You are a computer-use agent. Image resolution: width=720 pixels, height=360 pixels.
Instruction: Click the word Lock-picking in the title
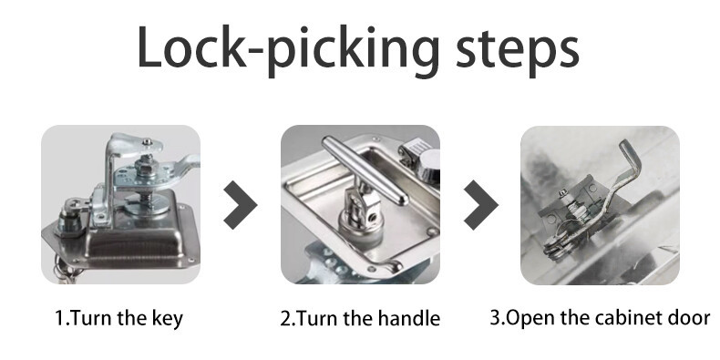pyautogui.click(x=288, y=49)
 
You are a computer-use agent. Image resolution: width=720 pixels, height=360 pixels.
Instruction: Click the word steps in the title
pyautogui.click(x=517, y=52)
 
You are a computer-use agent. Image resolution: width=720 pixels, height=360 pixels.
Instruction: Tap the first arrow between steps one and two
pyautogui.click(x=241, y=205)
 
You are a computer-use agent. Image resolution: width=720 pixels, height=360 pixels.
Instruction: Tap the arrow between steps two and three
pyautogui.click(x=481, y=205)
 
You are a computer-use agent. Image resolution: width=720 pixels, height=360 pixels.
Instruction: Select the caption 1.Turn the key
pyautogui.click(x=118, y=318)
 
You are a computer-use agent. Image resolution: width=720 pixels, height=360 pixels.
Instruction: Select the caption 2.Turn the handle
pyautogui.click(x=360, y=318)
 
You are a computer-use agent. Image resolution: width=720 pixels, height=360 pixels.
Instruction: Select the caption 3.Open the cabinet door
pyautogui.click(x=600, y=318)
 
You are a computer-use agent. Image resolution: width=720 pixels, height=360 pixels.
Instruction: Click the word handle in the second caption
pyautogui.click(x=409, y=318)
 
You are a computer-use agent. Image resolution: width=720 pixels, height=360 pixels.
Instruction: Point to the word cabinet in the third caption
pyautogui.click(x=630, y=318)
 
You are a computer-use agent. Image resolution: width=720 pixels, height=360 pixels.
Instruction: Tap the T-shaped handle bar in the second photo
pyautogui.click(x=365, y=170)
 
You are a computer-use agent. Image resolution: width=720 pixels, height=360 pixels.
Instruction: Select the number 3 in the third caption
pyautogui.click(x=494, y=318)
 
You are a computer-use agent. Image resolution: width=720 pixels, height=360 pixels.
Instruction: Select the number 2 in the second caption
pyautogui.click(x=285, y=318)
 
